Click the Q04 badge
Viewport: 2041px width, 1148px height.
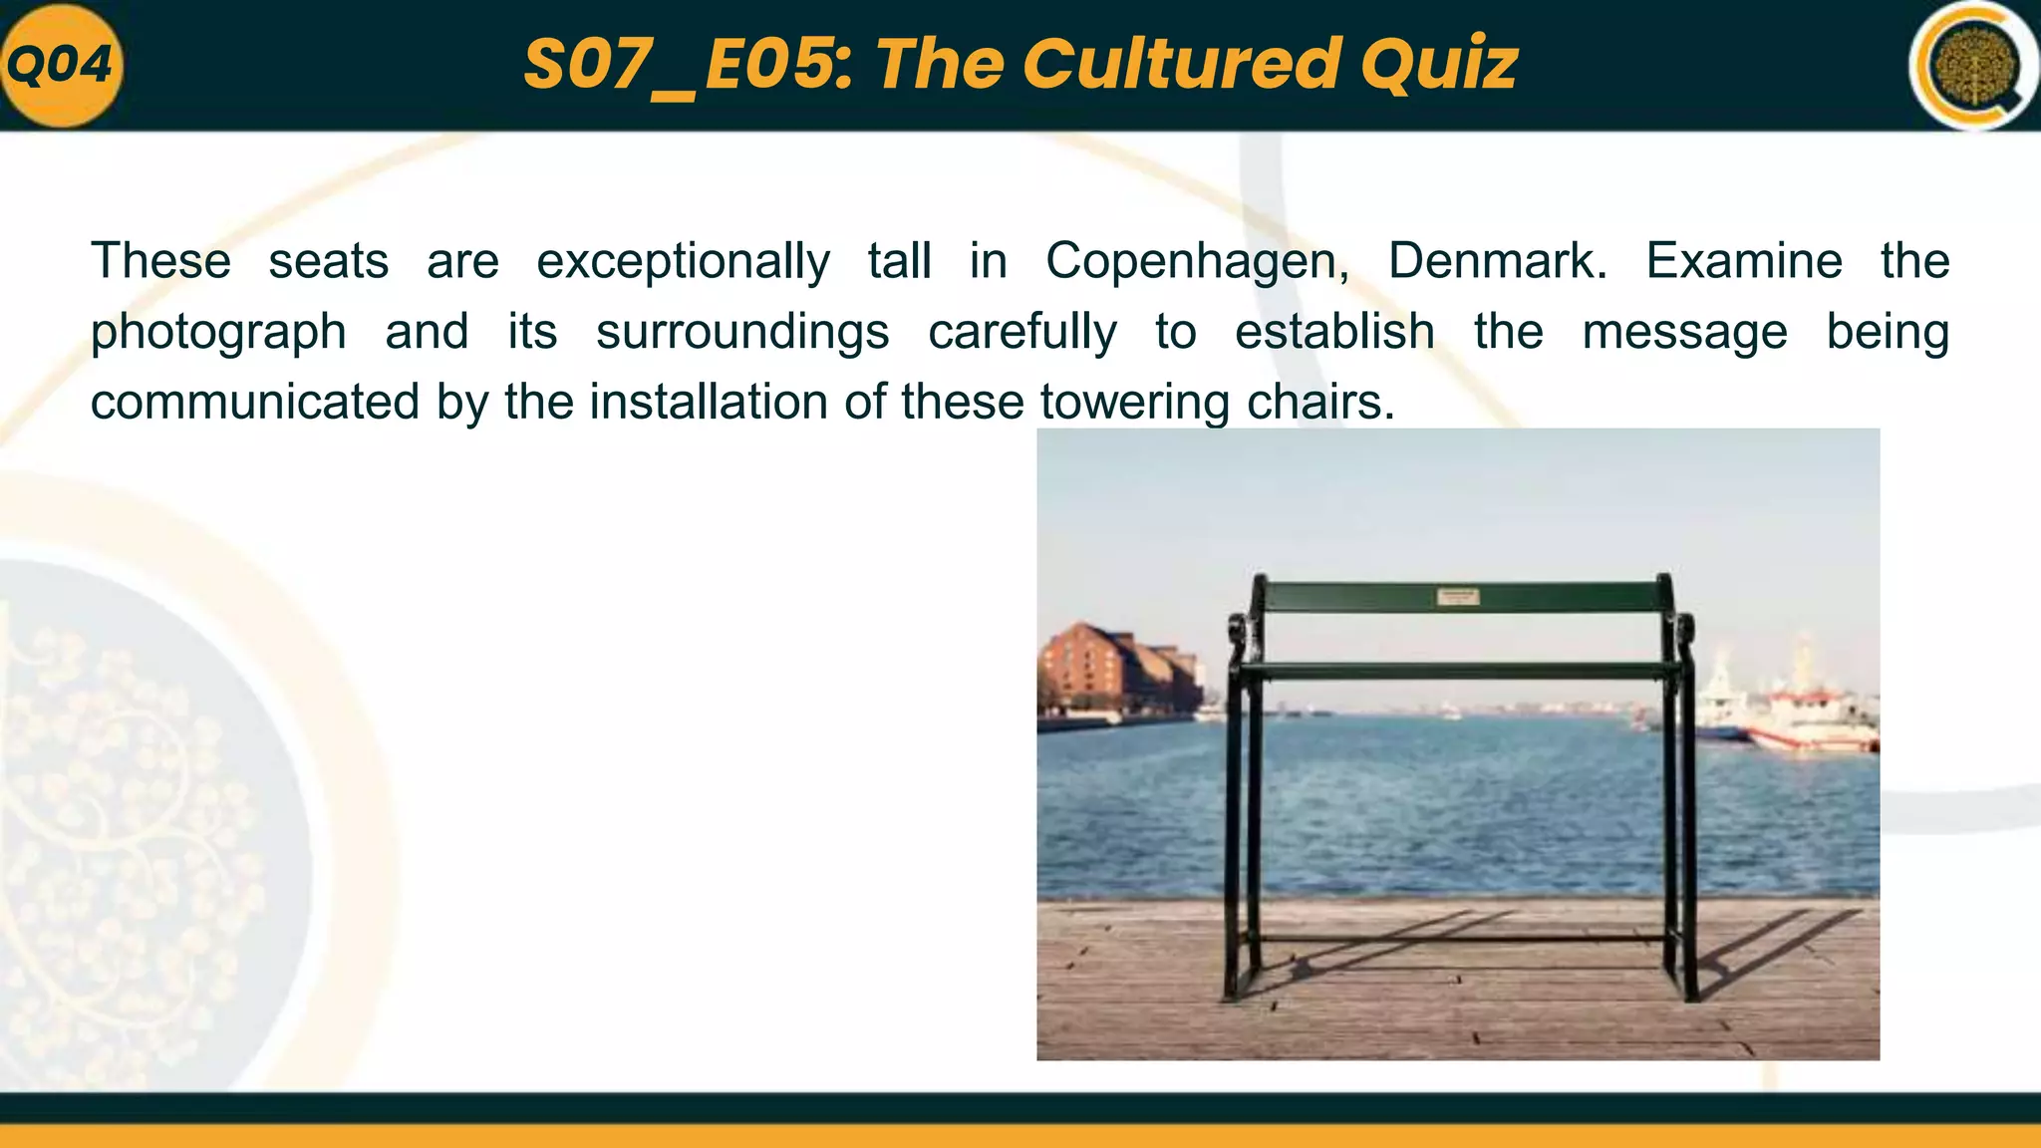[60, 66]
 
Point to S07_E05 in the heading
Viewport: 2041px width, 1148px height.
[688, 64]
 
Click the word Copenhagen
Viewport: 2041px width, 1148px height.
[1197, 262]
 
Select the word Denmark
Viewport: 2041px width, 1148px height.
[1497, 262]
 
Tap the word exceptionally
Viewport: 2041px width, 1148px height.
[683, 262]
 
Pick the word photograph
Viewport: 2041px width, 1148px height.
[218, 333]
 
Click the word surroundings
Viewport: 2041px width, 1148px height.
[742, 333]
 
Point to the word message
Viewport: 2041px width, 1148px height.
[1684, 331]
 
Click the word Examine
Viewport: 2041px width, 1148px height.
[1744, 261]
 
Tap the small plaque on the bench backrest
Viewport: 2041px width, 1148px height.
[1457, 597]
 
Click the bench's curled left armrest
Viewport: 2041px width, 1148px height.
[1237, 634]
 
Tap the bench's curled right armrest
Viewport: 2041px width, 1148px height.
[1683, 632]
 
